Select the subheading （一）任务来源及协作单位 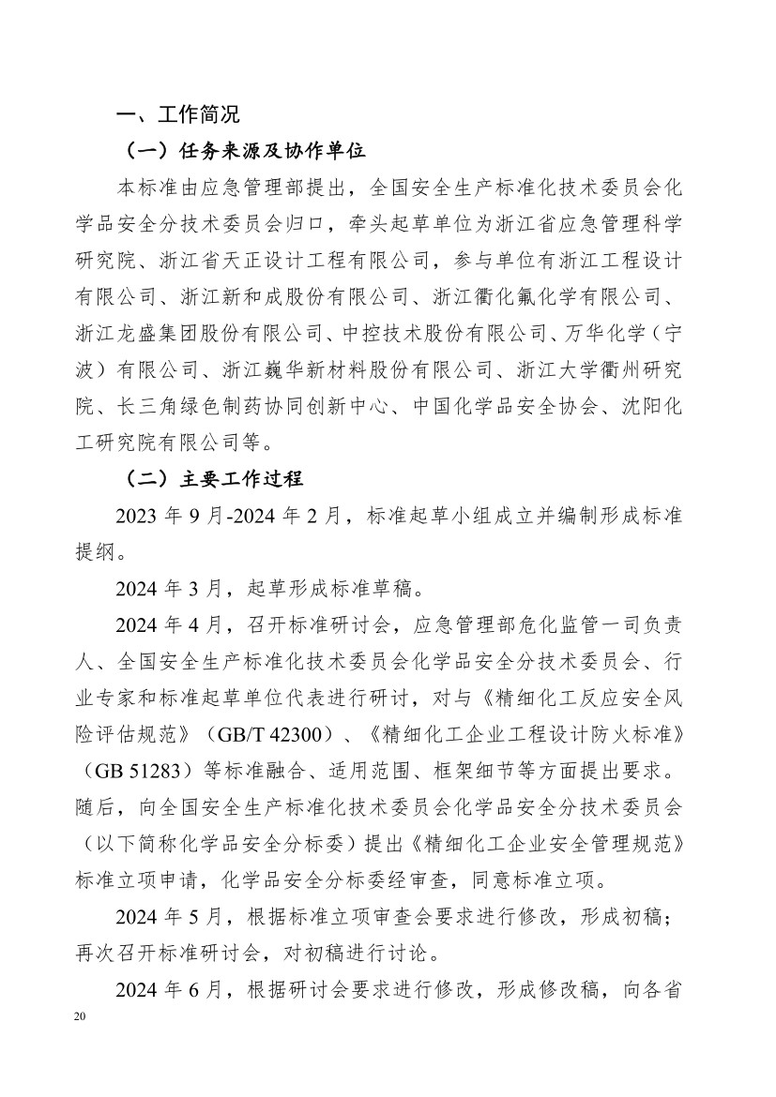click(245, 150)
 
